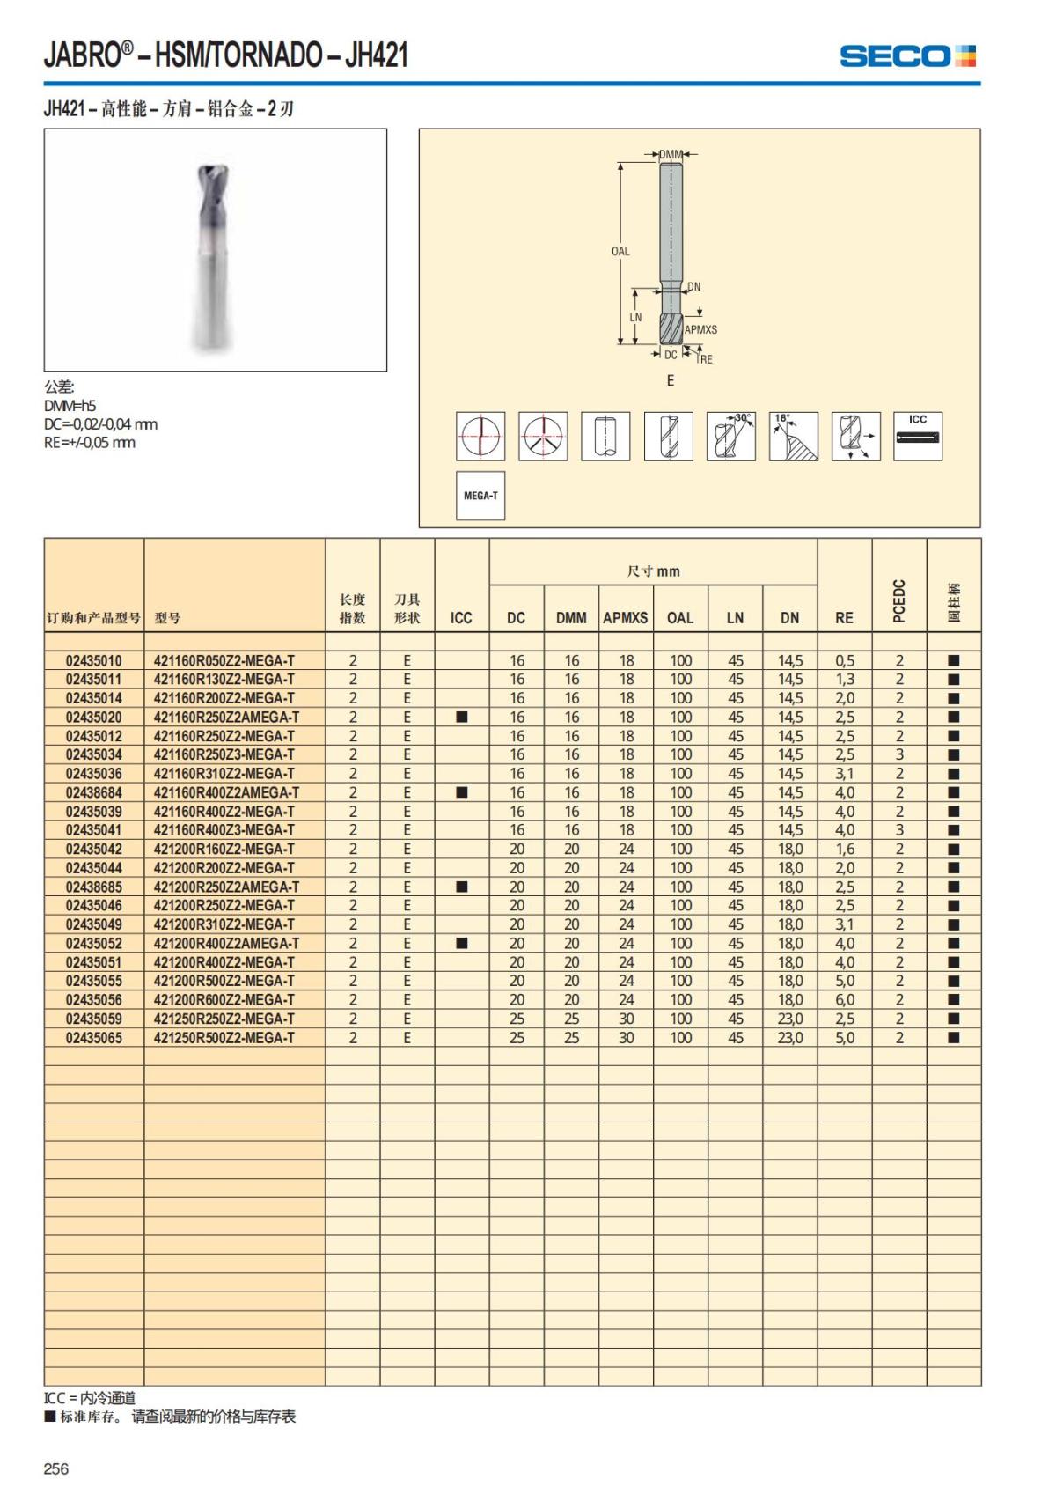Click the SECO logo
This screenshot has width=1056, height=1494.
(x=907, y=56)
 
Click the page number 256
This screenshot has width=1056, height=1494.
(x=55, y=1468)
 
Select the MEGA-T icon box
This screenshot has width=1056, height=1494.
(x=480, y=496)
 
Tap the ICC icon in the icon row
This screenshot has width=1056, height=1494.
(x=918, y=436)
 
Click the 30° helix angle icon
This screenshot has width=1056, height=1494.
(x=730, y=436)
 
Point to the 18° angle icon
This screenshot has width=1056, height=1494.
(x=793, y=436)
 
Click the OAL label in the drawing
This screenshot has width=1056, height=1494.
(x=620, y=251)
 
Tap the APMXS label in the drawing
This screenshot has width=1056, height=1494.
(x=700, y=329)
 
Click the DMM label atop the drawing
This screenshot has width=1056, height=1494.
(x=671, y=155)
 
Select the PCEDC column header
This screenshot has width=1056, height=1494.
(x=898, y=600)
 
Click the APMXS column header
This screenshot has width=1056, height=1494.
(x=625, y=618)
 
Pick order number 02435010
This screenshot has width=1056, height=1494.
(x=94, y=660)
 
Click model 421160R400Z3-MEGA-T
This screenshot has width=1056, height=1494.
(x=224, y=830)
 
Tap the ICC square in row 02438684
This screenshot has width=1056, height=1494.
(x=461, y=792)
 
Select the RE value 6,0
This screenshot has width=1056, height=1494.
(x=844, y=1000)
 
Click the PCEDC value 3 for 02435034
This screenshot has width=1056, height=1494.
(x=899, y=754)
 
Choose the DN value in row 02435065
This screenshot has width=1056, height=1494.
(x=789, y=1038)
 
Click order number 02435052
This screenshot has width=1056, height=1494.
(x=94, y=944)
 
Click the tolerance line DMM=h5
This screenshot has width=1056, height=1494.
(x=70, y=406)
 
